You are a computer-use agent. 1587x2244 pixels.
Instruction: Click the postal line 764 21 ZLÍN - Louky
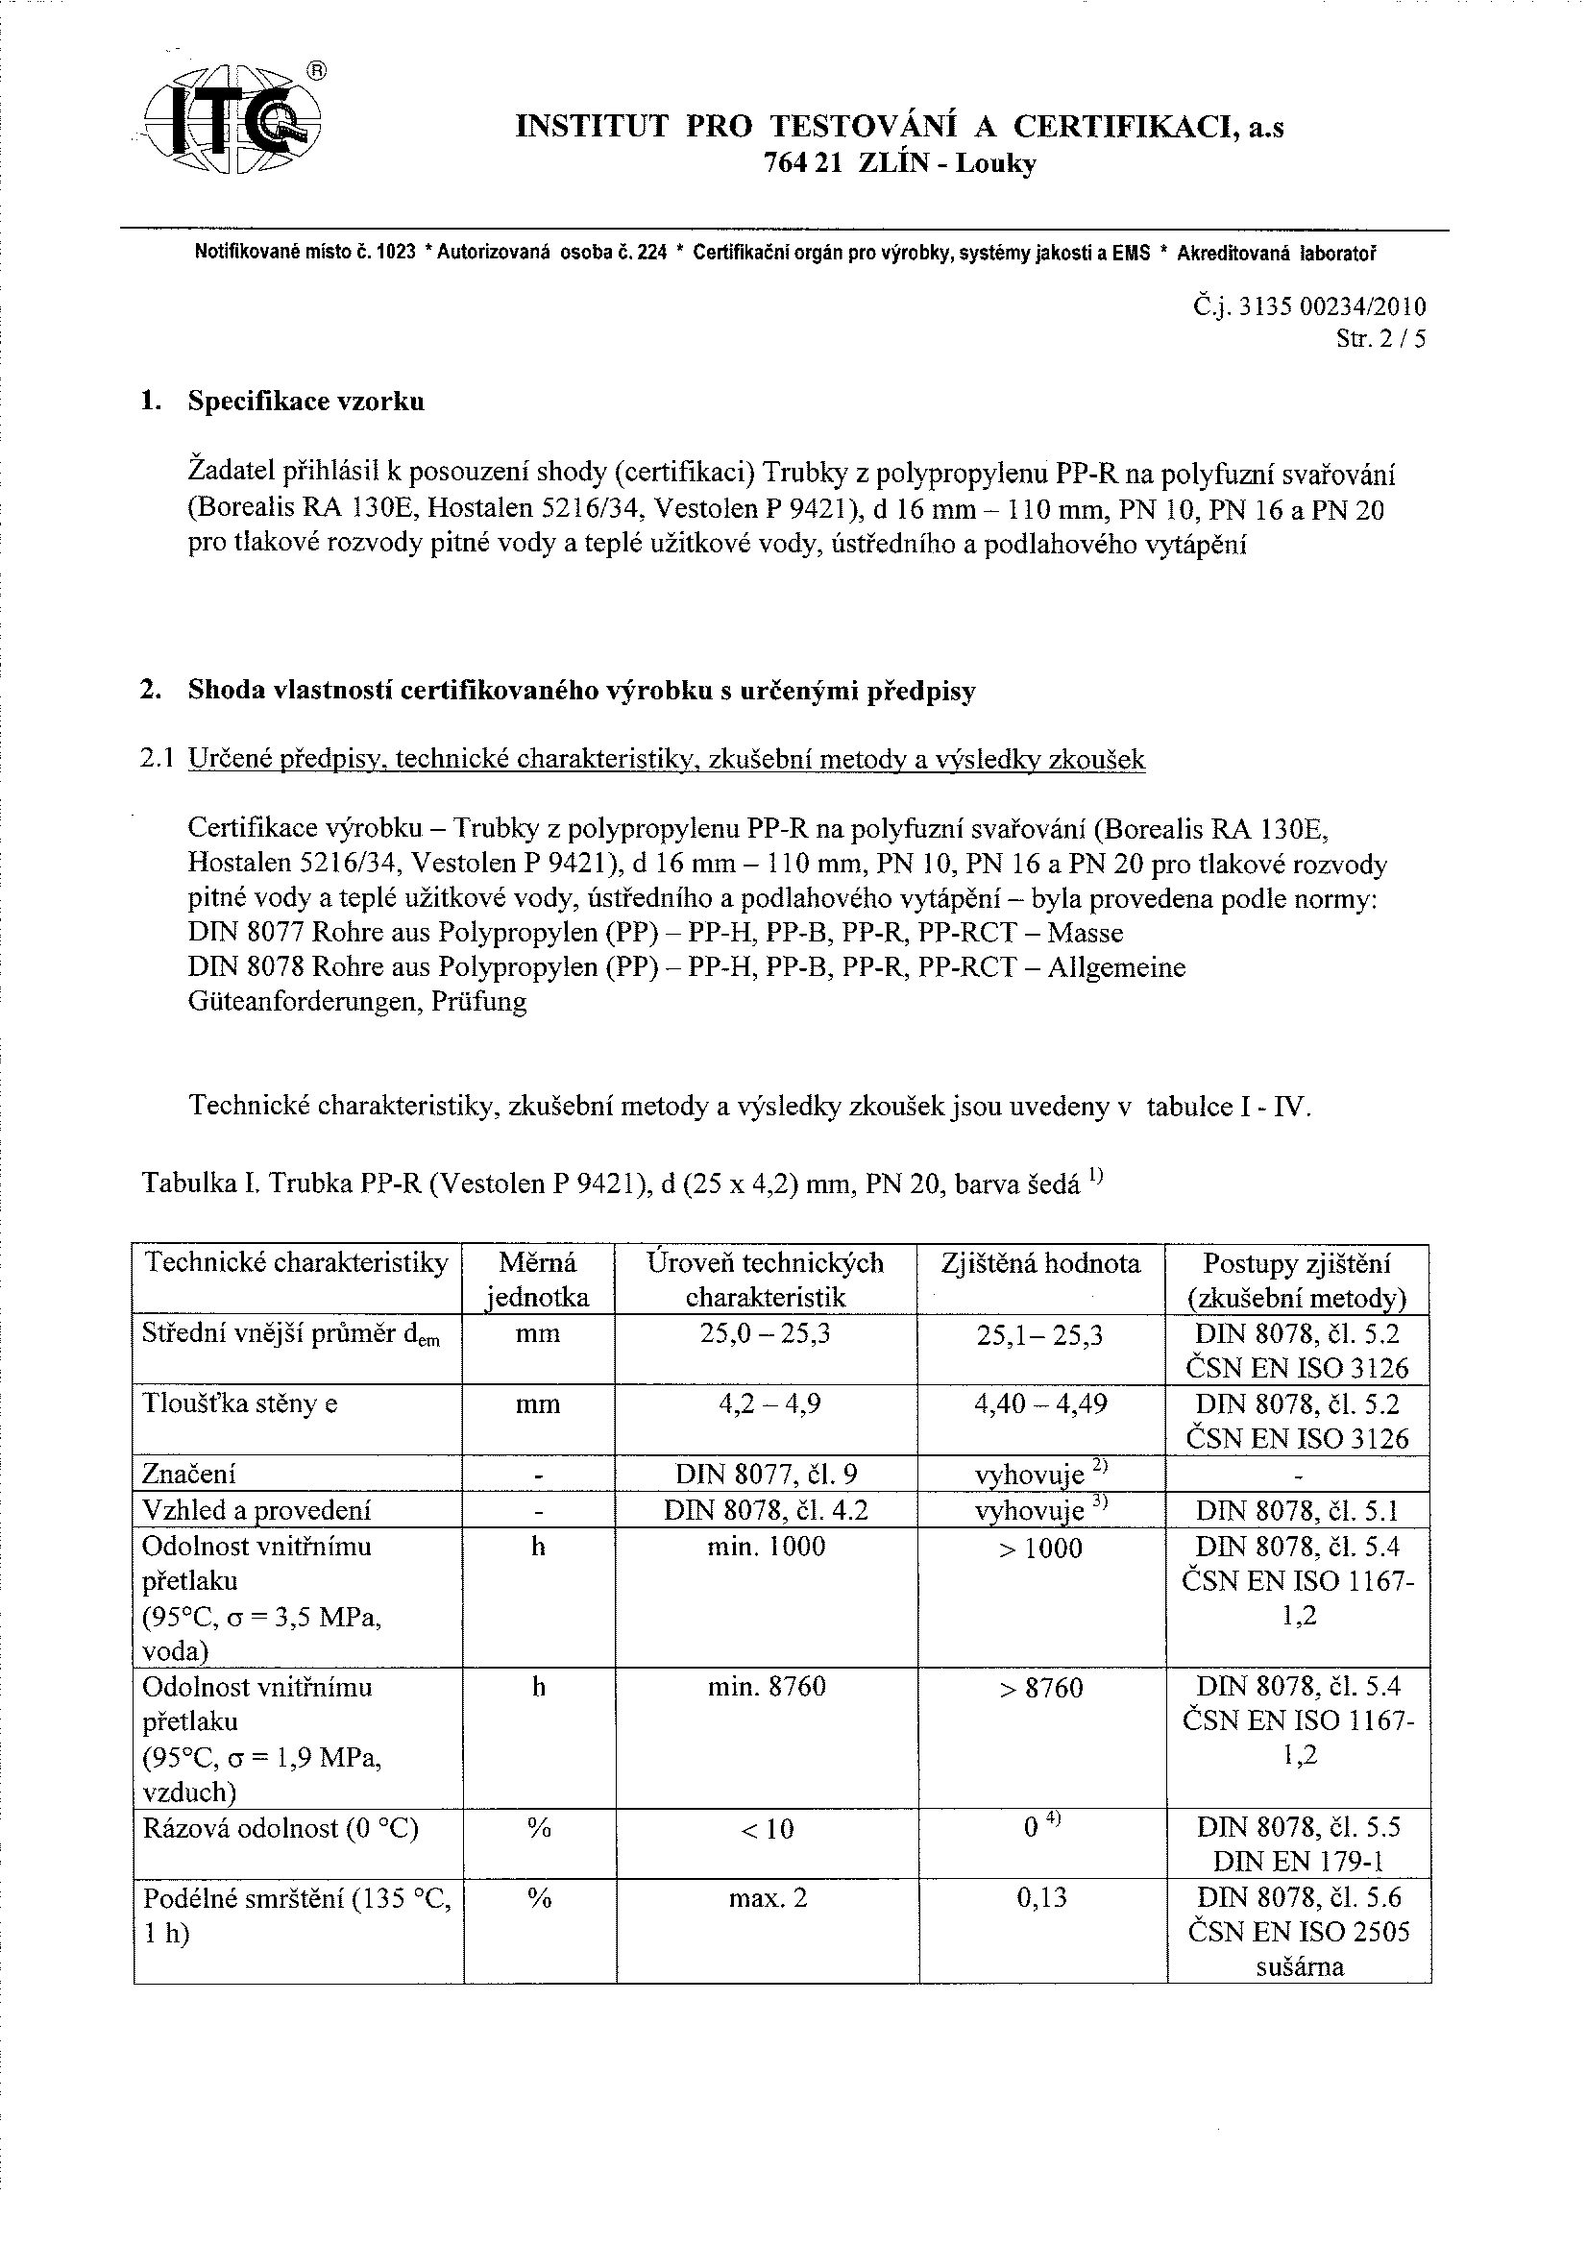[899, 163]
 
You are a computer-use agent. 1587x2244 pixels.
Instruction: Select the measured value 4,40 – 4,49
[1040, 1404]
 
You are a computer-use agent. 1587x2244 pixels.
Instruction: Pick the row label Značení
[189, 1475]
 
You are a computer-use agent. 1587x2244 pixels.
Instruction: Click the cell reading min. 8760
[768, 1686]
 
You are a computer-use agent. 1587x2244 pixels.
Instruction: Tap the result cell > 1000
[1040, 1549]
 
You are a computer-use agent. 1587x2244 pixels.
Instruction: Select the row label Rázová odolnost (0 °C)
[281, 1828]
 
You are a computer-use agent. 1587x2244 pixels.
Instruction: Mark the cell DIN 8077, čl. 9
[768, 1475]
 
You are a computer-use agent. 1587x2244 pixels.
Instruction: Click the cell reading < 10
[768, 1828]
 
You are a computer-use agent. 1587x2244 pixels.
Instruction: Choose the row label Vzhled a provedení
[257, 1511]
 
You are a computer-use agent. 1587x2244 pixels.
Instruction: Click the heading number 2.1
[158, 760]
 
